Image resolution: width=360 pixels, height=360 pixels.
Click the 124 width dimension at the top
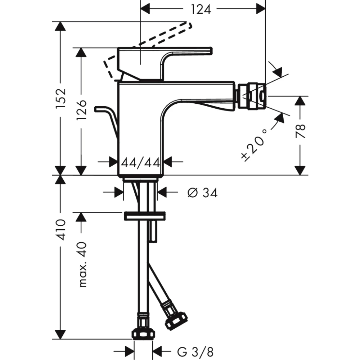tap(201, 10)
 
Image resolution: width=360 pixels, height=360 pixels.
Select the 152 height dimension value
tap(61, 98)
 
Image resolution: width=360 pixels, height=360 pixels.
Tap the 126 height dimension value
tap(81, 110)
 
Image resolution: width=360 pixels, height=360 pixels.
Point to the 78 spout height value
tap(301, 131)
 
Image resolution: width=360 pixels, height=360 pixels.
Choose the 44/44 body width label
tap(140, 163)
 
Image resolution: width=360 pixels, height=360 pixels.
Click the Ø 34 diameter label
tap(202, 193)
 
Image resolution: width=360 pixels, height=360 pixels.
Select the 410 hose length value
tap(61, 230)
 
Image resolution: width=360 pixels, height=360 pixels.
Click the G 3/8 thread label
tap(195, 352)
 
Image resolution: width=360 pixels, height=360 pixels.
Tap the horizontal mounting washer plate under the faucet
tap(145, 216)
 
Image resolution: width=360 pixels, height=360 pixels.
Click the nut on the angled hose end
tap(176, 320)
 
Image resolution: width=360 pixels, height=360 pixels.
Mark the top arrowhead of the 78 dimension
tap(301, 101)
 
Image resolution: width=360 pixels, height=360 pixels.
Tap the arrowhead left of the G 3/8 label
tap(129, 351)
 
